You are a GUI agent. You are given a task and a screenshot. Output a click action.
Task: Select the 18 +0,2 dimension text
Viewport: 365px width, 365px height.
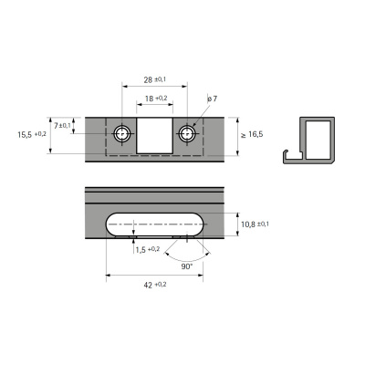(156, 98)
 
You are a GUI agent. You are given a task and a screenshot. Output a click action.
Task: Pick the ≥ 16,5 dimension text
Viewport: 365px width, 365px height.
(253, 135)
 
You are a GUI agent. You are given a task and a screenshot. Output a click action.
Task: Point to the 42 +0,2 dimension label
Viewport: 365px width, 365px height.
(153, 285)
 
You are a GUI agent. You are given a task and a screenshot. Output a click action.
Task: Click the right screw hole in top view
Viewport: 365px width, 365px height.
(187, 133)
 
